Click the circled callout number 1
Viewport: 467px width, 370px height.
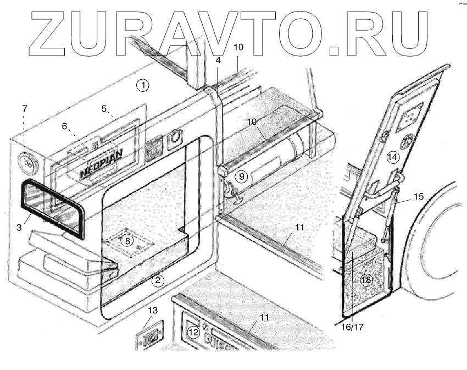tap(143, 85)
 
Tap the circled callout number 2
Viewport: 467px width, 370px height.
tap(158, 280)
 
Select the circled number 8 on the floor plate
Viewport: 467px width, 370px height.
tap(126, 240)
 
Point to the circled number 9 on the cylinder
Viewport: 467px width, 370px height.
tap(241, 177)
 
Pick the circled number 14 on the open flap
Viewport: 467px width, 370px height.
tap(392, 157)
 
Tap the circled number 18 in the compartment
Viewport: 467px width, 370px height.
tap(366, 280)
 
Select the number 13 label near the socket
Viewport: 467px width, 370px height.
tap(153, 311)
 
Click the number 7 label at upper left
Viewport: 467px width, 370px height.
tap(24, 109)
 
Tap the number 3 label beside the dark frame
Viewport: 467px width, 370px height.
tap(19, 227)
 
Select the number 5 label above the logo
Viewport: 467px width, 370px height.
tap(105, 109)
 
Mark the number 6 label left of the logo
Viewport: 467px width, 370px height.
tap(64, 126)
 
